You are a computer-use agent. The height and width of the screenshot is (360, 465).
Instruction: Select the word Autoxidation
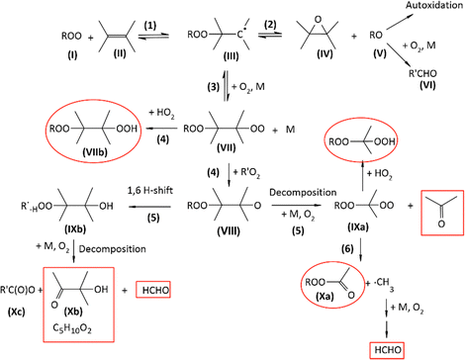click(x=418, y=8)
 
